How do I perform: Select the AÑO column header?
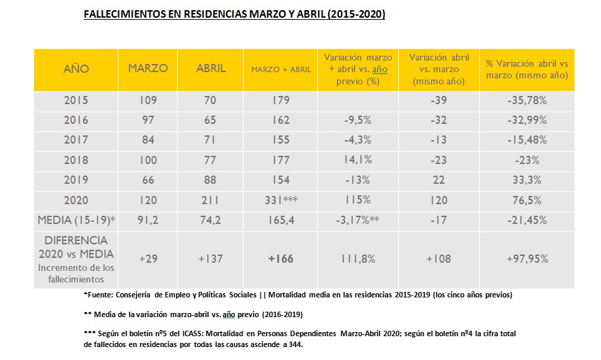[76, 69]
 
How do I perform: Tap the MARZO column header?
[148, 69]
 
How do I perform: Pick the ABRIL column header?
[211, 69]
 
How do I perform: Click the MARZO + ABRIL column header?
[281, 69]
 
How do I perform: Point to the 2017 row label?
[76, 140]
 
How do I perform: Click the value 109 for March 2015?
[148, 101]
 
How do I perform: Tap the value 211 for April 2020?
[211, 201]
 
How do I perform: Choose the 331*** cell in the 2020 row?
[281, 201]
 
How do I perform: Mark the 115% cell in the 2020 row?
[357, 201]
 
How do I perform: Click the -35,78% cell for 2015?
[527, 101]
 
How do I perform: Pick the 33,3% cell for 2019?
[527, 180]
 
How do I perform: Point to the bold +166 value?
[281, 259]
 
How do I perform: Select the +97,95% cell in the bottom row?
[527, 259]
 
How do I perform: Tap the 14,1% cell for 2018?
[357, 161]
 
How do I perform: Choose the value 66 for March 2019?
[148, 180]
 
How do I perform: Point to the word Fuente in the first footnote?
[101, 295]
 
